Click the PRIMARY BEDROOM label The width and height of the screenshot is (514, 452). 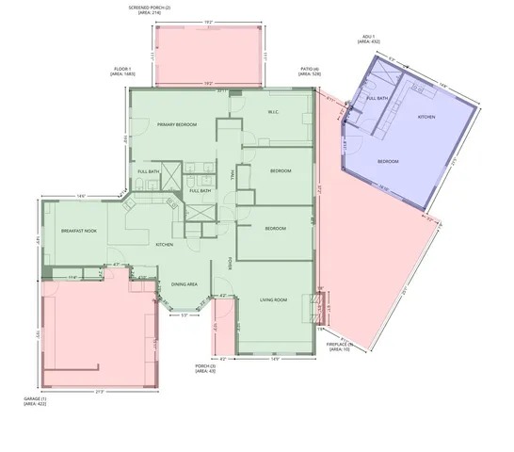click(x=176, y=124)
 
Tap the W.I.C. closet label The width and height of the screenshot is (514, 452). click(x=274, y=112)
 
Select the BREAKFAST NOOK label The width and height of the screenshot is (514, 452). click(x=79, y=231)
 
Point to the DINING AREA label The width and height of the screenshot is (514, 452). click(x=185, y=284)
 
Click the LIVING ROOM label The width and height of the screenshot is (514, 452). click(x=274, y=299)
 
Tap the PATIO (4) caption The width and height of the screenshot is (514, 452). click(x=310, y=69)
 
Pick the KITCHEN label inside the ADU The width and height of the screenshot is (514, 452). click(x=426, y=117)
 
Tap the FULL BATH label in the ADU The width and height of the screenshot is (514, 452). click(x=377, y=98)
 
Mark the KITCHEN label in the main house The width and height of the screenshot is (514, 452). click(x=165, y=245)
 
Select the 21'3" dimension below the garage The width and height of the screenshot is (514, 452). click(x=99, y=392)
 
